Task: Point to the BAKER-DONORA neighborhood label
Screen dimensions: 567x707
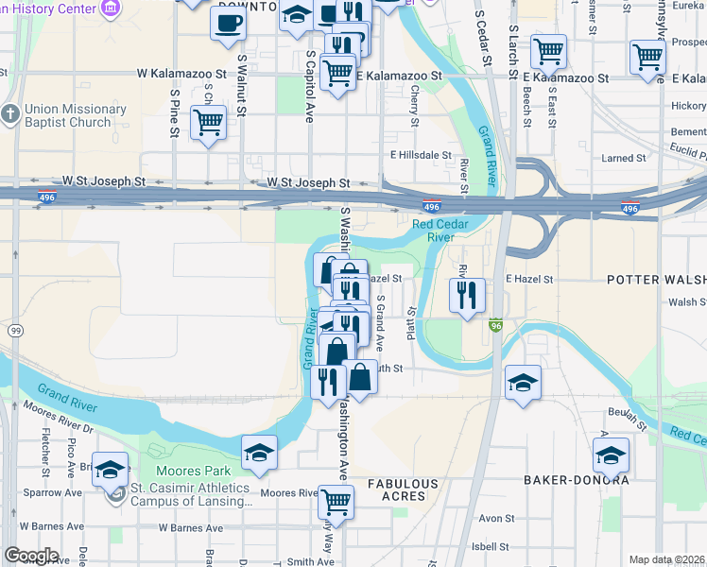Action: coord(577,480)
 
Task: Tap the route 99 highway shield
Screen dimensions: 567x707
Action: coord(15,330)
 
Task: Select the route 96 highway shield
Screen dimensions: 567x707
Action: coord(495,326)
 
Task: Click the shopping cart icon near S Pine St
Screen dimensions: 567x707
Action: coord(208,121)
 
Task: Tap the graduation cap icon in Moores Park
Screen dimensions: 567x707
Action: coord(259,453)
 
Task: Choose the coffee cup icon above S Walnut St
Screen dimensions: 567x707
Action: coord(227,23)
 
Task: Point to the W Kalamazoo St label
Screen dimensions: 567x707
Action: coord(181,73)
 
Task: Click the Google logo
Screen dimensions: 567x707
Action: coord(31,556)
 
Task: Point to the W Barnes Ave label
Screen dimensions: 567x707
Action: coord(190,527)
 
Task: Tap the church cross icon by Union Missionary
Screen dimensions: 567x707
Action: coord(9,115)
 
